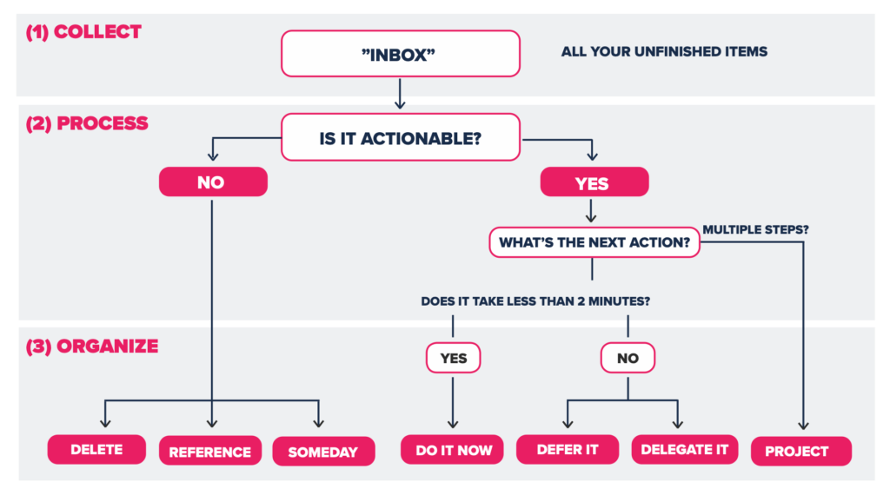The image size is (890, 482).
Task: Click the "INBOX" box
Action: [x=400, y=54]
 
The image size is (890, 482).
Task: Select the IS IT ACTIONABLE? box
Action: [x=400, y=137]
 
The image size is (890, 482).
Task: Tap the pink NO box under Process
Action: [x=213, y=182]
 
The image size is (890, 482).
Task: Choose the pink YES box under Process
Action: [x=594, y=182]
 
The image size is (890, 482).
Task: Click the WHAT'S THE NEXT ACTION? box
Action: [x=594, y=242]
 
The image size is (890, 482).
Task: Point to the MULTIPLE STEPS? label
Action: [x=755, y=229]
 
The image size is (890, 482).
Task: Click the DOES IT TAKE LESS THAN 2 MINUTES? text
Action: [x=535, y=301]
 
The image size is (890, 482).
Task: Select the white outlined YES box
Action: [x=453, y=358]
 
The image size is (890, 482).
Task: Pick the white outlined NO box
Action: [x=628, y=358]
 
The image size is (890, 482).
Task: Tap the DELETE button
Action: [x=96, y=450]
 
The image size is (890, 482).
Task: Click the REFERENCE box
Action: [x=210, y=451]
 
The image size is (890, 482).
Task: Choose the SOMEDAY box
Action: [x=323, y=452]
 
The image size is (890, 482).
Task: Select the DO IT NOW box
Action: [x=452, y=450]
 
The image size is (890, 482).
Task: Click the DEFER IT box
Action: [x=568, y=450]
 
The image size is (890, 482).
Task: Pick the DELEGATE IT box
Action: [x=685, y=450]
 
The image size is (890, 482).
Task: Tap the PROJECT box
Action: [x=800, y=452]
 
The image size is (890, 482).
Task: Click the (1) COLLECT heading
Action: [x=83, y=32]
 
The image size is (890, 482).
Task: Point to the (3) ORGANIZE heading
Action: [x=92, y=346]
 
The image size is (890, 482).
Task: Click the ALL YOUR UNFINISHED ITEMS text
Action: [x=664, y=51]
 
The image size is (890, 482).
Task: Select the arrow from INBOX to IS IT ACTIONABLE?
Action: [x=400, y=94]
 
